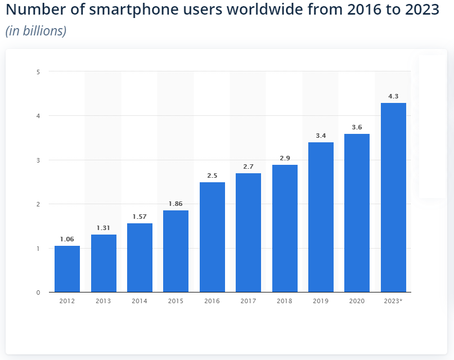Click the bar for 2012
(67, 269)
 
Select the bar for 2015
(176, 251)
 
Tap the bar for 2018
(285, 228)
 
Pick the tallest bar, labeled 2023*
(393, 197)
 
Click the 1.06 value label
(67, 239)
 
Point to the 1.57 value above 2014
(140, 217)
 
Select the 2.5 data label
(212, 175)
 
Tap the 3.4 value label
(321, 136)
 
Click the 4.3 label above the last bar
(393, 96)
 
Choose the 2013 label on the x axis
(103, 301)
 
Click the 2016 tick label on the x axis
(212, 301)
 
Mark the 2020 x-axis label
(357, 301)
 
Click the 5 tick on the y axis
(38, 71)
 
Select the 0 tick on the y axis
(38, 292)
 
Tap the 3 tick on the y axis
(38, 160)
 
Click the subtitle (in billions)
(36, 31)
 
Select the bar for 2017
(248, 233)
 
